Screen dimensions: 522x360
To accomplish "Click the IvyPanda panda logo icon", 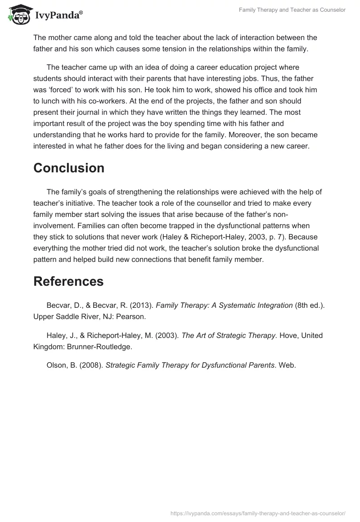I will tap(18, 14).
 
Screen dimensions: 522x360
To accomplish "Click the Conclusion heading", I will tap(69, 168).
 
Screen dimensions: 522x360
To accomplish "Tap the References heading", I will tap(68, 281).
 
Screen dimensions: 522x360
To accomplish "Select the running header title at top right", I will tap(292, 10).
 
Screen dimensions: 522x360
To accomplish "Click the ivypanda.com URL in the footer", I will tap(258, 513).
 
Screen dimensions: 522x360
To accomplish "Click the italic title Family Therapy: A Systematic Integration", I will tap(224, 305).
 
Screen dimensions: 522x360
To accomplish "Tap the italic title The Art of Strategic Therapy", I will tap(229, 335).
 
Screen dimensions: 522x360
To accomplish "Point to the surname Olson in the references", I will tap(56, 365).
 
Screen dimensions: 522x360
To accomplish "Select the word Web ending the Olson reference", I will tap(287, 365).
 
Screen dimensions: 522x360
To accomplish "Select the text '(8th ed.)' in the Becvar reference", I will tap(309, 305).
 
